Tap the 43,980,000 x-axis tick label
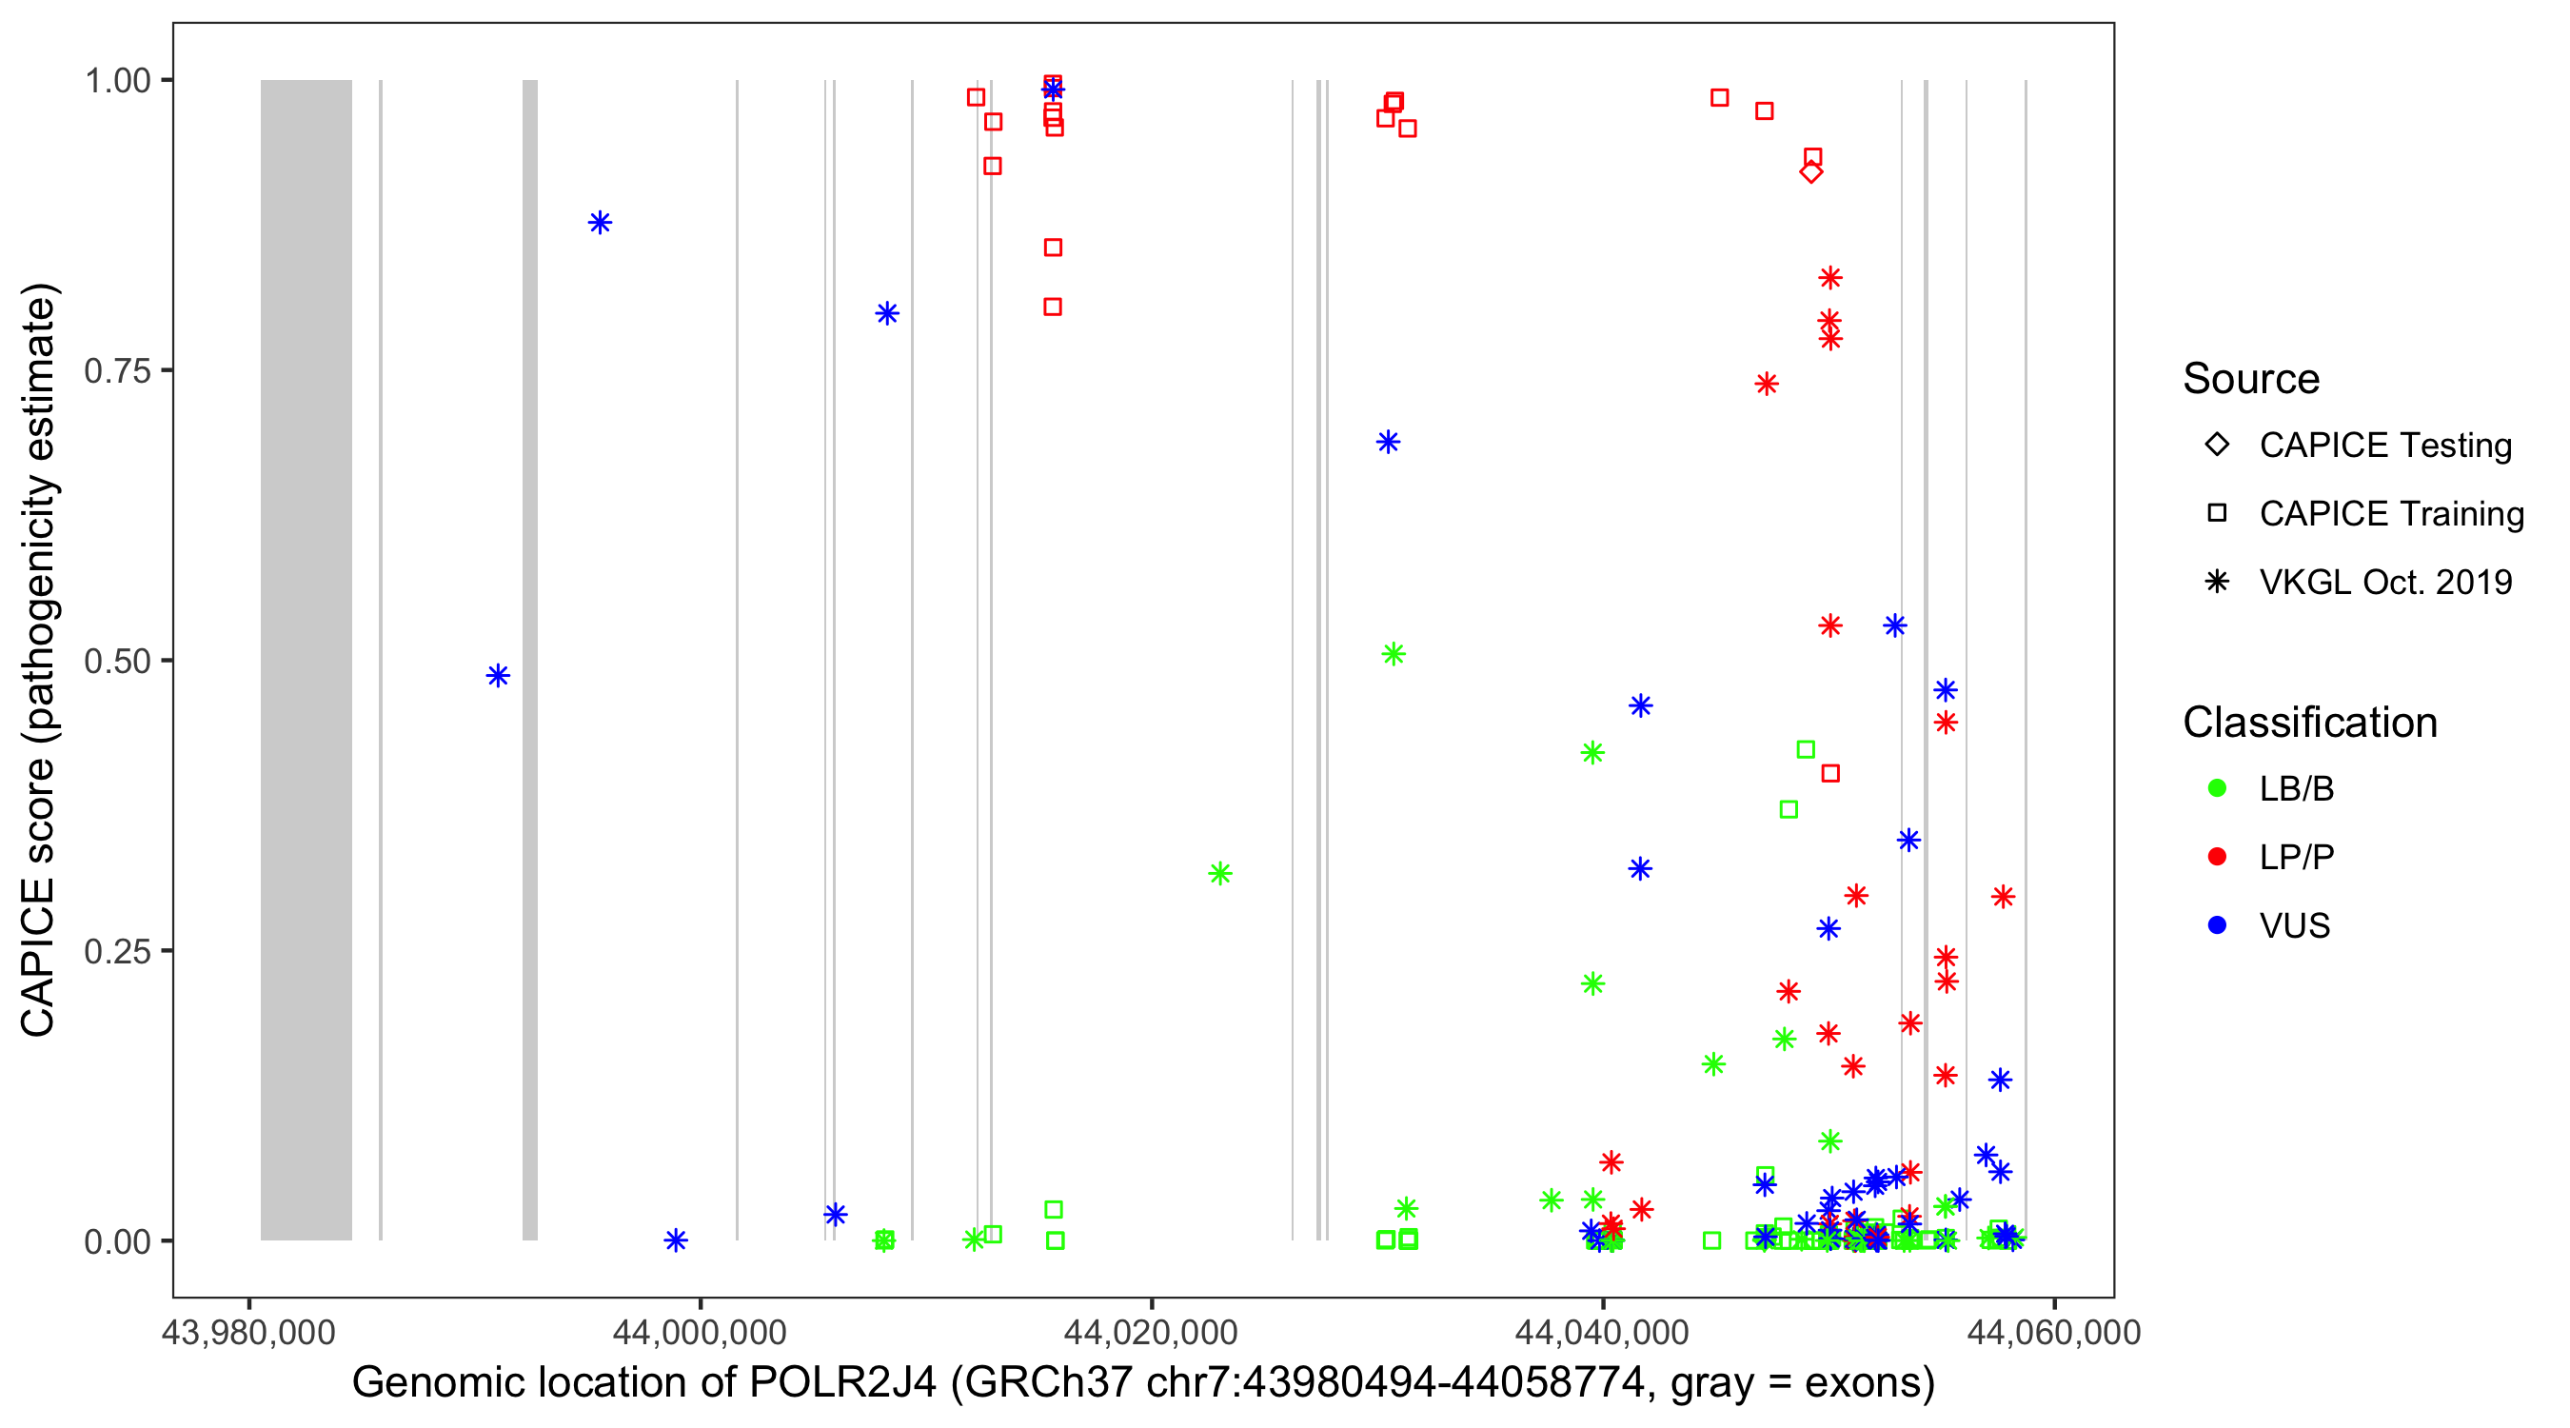tap(248, 1332)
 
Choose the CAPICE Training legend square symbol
tap(2217, 513)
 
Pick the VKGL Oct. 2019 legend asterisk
tap(2217, 582)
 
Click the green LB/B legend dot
tap(2217, 788)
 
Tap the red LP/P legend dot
tap(2217, 857)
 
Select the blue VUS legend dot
tap(2217, 925)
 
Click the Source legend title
tap(2250, 379)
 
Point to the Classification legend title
tap(2308, 723)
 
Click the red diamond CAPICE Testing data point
tap(1810, 171)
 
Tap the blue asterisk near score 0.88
tap(600, 223)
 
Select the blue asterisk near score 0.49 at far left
tap(498, 676)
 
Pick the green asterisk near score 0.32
tap(1219, 873)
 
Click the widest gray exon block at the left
tap(306, 659)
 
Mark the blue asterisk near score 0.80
tap(887, 313)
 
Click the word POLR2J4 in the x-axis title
tap(842, 1383)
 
